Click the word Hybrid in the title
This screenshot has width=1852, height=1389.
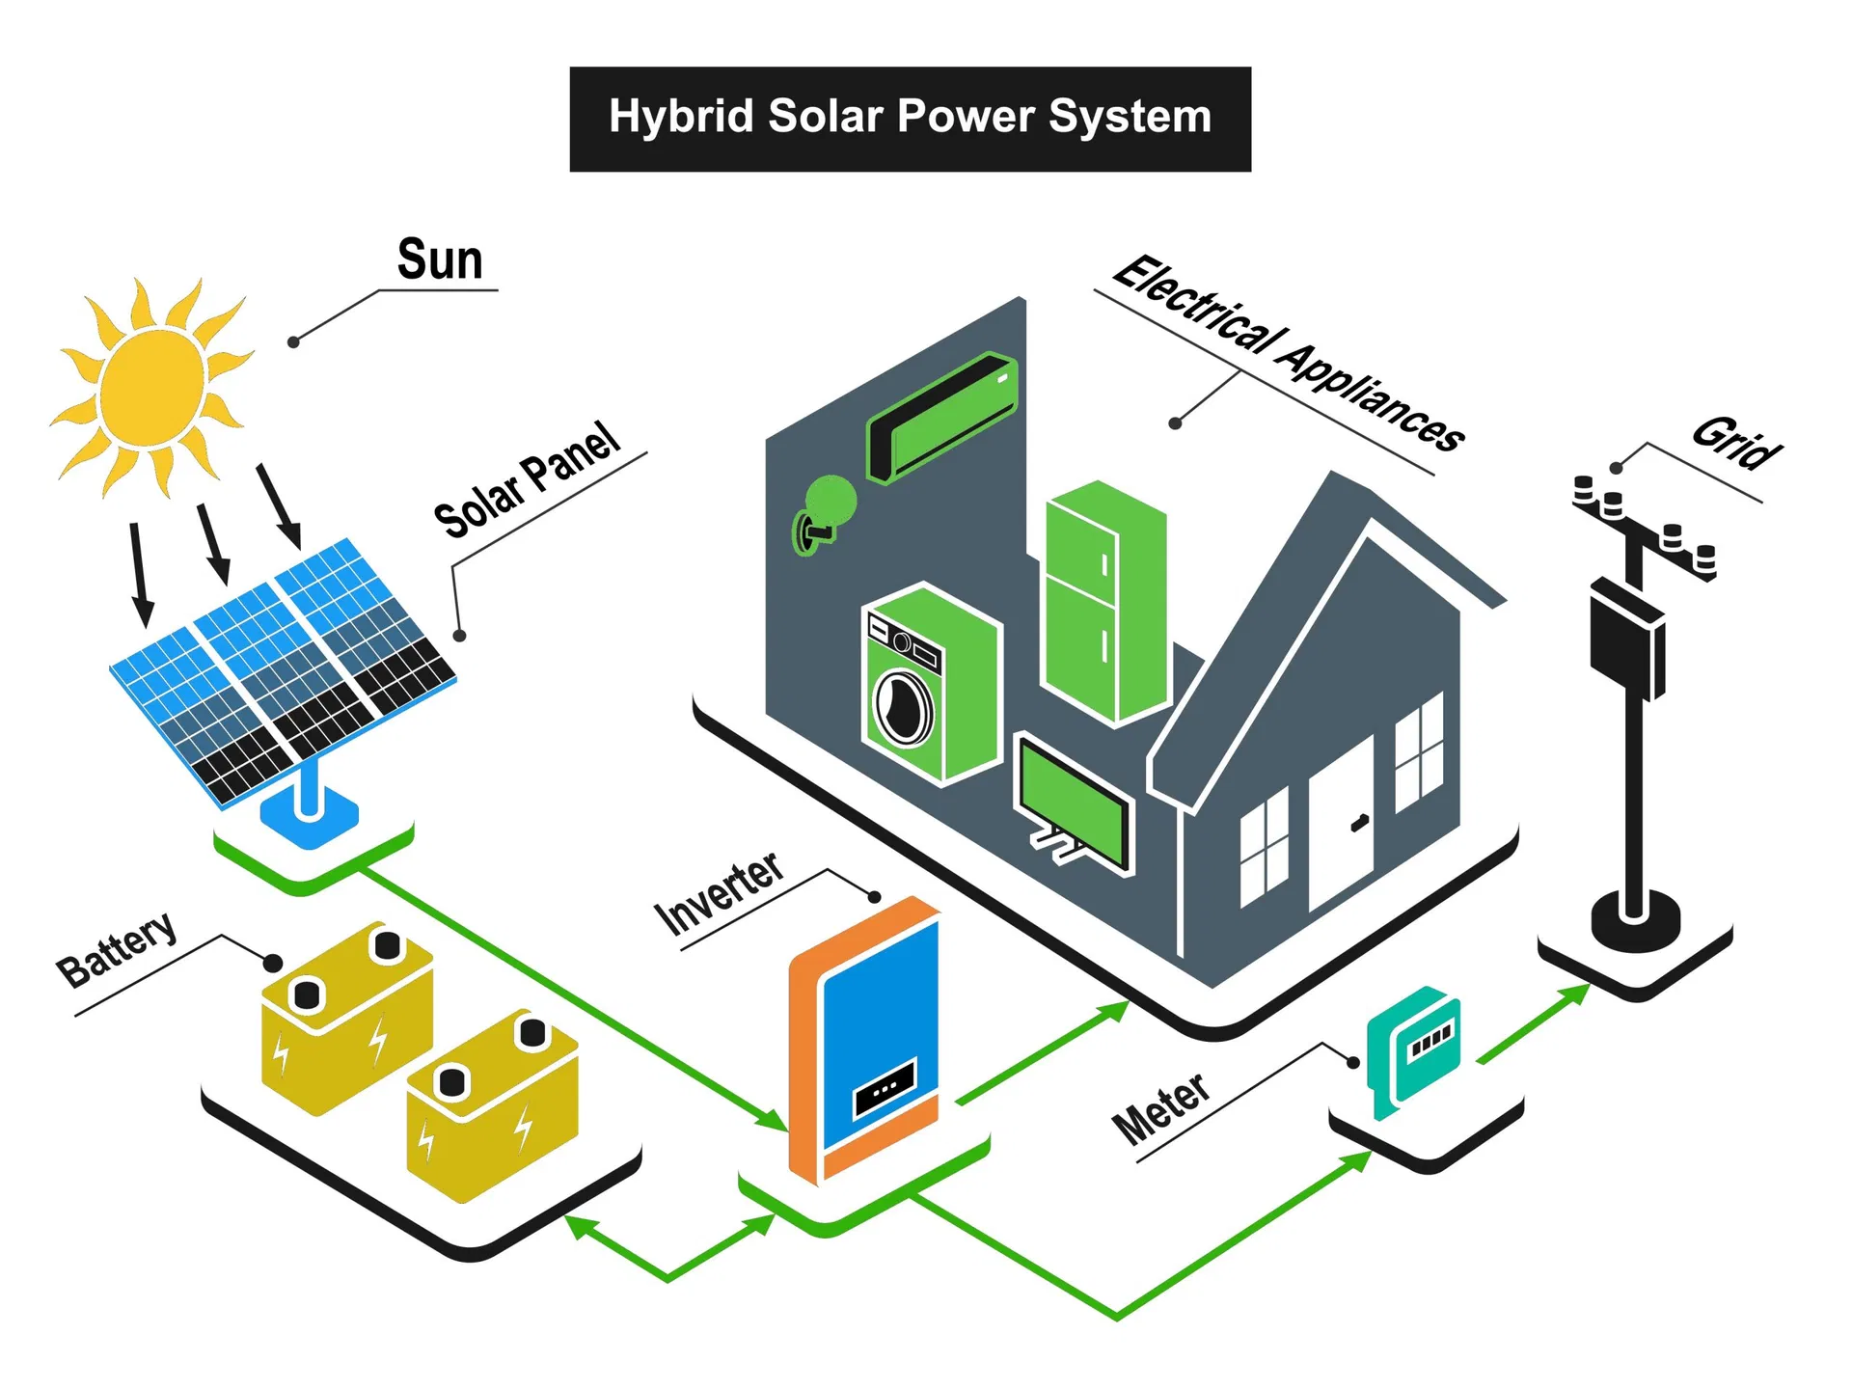tap(681, 117)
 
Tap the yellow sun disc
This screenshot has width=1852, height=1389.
tap(152, 388)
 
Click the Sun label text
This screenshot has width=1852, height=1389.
tap(440, 259)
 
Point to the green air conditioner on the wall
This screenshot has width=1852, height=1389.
tap(942, 417)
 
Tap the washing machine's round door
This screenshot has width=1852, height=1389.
tap(903, 707)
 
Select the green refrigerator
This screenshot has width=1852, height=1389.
tap(1105, 603)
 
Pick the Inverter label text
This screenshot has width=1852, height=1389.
tap(720, 893)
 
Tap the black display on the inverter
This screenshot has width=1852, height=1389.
tap(885, 1087)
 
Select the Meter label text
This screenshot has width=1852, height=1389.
tap(1160, 1108)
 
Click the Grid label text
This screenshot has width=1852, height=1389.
tap(1737, 443)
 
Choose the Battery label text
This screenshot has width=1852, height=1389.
tap(117, 949)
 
